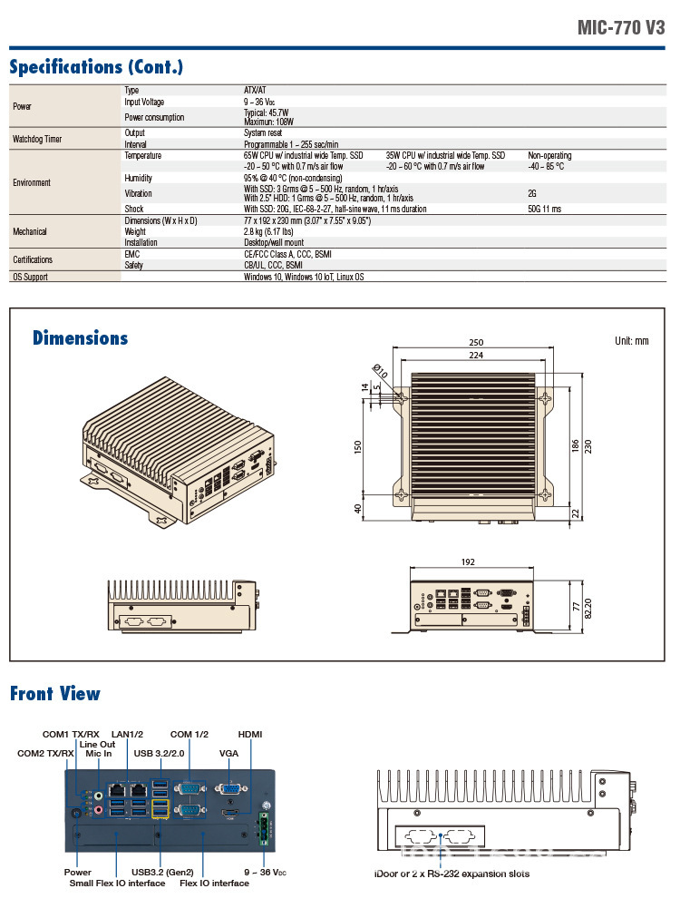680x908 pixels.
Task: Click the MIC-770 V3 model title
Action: [x=621, y=27]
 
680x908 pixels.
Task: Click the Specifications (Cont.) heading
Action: [x=96, y=67]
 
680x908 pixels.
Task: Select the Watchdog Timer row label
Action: [x=37, y=139]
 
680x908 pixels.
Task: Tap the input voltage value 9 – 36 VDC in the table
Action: [x=260, y=103]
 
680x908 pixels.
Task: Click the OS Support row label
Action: [x=31, y=277]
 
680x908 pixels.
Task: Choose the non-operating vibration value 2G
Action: [x=532, y=193]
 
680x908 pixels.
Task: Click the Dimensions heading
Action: [x=80, y=338]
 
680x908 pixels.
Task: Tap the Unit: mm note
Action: [x=632, y=341]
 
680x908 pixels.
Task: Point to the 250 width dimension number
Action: [x=475, y=343]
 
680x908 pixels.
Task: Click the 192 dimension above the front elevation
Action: [x=468, y=562]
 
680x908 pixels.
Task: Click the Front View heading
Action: [x=54, y=694]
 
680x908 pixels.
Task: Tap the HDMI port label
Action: [x=249, y=734]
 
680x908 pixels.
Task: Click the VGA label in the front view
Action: [x=228, y=753]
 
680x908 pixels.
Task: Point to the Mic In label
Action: [x=98, y=753]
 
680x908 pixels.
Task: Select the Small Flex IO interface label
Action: [x=117, y=883]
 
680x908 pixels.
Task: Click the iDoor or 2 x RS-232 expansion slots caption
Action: [x=452, y=874]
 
